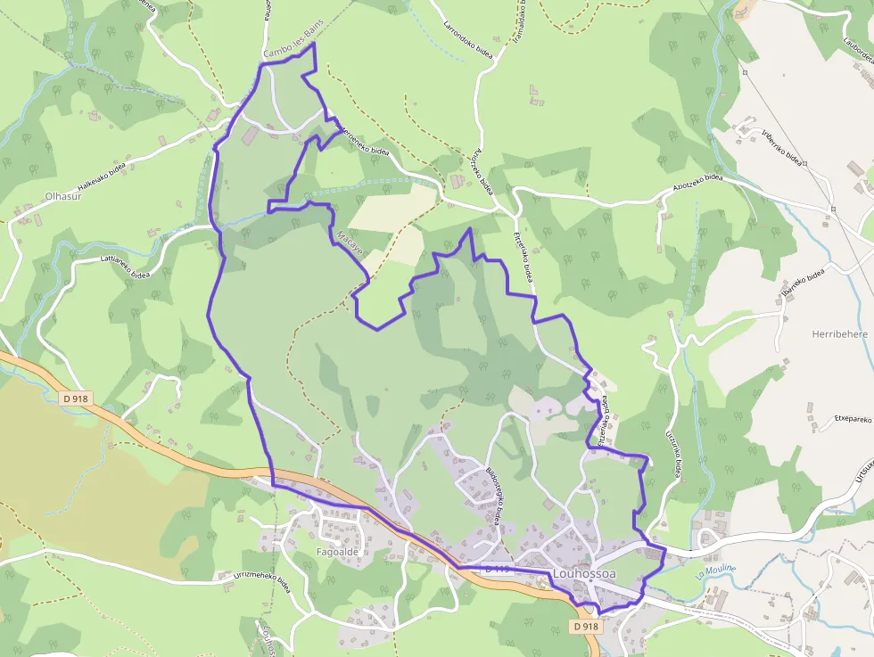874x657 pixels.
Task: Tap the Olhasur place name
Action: coord(63,196)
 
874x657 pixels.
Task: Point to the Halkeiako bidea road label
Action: coord(101,176)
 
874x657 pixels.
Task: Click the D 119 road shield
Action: coord(497,569)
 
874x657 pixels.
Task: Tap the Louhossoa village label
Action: coord(584,574)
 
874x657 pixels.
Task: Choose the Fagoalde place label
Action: coord(337,551)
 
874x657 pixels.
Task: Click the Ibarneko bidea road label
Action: coord(800,285)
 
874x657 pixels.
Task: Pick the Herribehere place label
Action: coord(839,334)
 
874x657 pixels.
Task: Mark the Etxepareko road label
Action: coord(852,417)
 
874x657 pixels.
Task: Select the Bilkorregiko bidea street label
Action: coord(492,496)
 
